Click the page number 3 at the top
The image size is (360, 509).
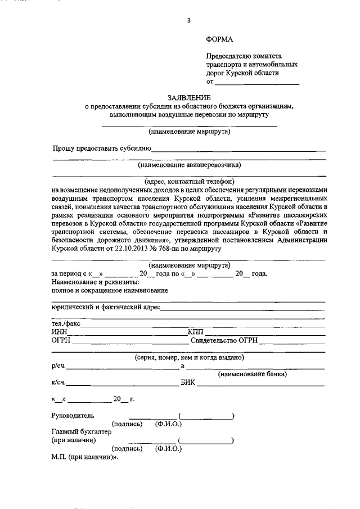pyautogui.click(x=189, y=21)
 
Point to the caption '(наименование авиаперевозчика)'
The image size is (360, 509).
pyautogui.click(x=189, y=165)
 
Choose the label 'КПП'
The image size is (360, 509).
pyautogui.click(x=197, y=332)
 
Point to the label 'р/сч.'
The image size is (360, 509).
pyautogui.click(x=58, y=366)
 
